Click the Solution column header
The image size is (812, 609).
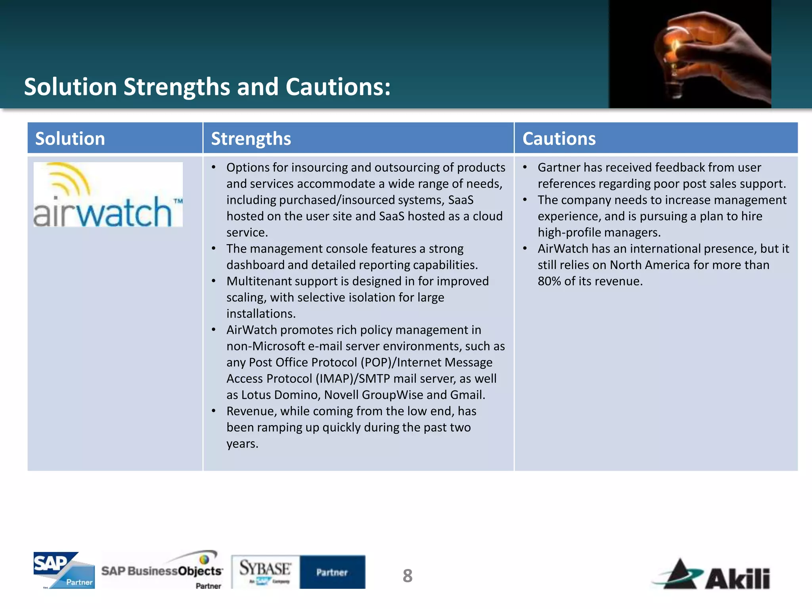coord(70,139)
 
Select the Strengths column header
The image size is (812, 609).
coord(251,139)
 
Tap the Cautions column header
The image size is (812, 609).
coord(559,139)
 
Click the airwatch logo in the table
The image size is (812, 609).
coord(108,195)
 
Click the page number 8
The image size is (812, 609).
coord(407,576)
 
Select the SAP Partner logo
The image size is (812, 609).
coord(64,570)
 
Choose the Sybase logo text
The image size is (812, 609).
coord(265,569)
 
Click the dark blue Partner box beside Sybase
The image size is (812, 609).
coord(332,572)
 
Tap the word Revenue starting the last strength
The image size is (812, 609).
coord(250,411)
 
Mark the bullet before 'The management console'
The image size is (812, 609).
coord(214,249)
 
